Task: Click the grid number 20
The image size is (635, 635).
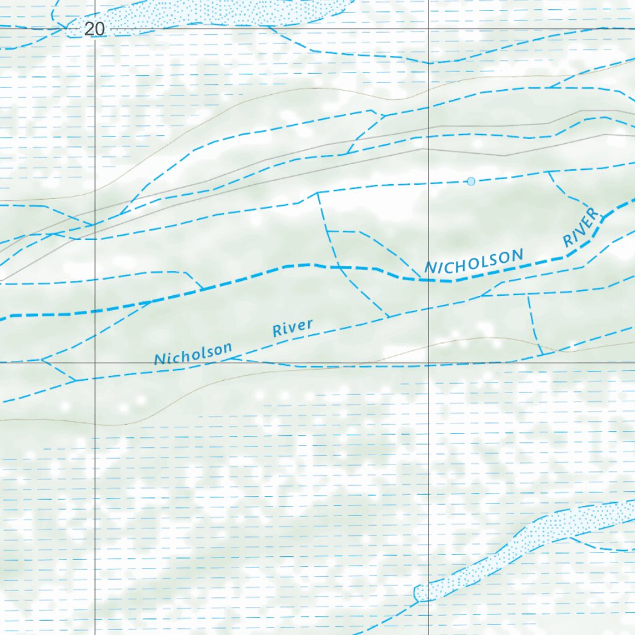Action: pyautogui.click(x=95, y=29)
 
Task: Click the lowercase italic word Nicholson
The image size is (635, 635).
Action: pyautogui.click(x=193, y=354)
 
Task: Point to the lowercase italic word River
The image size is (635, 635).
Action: pyautogui.click(x=293, y=328)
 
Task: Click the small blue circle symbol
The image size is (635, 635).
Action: pyautogui.click(x=471, y=181)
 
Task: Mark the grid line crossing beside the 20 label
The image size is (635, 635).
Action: pyautogui.click(x=95, y=29)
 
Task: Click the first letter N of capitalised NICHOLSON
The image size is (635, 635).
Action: pyautogui.click(x=430, y=269)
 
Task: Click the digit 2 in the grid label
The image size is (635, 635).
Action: pyautogui.click(x=91, y=29)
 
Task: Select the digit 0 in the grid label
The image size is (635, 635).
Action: pyautogui.click(x=100, y=29)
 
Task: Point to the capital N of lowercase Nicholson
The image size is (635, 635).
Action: pyautogui.click(x=159, y=360)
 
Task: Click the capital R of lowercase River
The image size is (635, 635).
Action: pyautogui.click(x=277, y=332)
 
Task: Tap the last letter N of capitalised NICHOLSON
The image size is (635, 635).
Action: pyautogui.click(x=517, y=255)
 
